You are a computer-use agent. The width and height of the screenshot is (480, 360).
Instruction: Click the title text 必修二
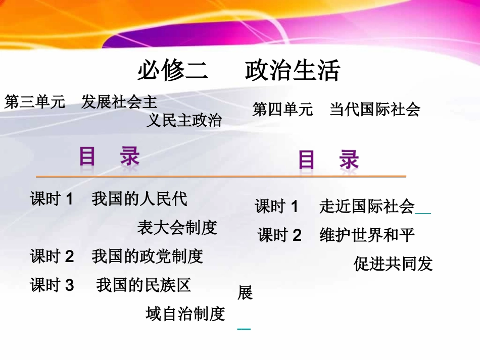173,71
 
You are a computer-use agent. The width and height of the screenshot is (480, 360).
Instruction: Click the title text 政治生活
293,71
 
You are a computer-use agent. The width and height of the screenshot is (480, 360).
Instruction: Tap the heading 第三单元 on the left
35,102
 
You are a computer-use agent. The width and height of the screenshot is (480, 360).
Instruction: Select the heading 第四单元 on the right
282,109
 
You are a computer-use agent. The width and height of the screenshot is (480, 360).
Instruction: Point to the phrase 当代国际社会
375,109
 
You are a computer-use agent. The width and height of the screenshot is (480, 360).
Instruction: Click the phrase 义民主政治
184,120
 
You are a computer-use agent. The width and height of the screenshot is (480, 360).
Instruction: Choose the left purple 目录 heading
109,157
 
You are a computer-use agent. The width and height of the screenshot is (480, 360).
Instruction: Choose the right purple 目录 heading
328,161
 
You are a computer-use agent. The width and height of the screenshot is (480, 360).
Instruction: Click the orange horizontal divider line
221,176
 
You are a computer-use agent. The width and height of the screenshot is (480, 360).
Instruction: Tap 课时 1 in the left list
52,199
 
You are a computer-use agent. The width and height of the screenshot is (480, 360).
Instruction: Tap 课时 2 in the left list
52,256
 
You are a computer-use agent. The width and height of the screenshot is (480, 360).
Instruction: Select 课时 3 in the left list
52,285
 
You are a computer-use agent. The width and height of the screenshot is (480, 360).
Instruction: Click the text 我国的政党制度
147,256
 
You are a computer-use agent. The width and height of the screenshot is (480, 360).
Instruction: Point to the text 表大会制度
177,228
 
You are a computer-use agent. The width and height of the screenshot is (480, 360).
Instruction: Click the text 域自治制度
185,314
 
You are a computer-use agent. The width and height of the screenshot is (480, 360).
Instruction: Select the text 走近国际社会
367,206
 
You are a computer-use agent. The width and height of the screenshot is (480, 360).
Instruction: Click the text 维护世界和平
367,235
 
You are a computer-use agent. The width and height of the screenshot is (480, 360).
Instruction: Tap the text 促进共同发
393,264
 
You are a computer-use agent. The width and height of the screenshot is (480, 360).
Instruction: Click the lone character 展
245,293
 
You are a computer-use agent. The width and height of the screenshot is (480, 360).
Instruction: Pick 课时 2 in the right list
279,235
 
